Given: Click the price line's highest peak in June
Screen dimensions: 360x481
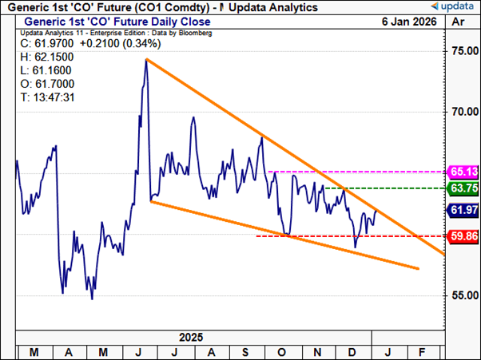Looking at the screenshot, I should coord(145,60).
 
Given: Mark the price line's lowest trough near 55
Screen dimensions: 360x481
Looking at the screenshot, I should coord(92,299).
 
